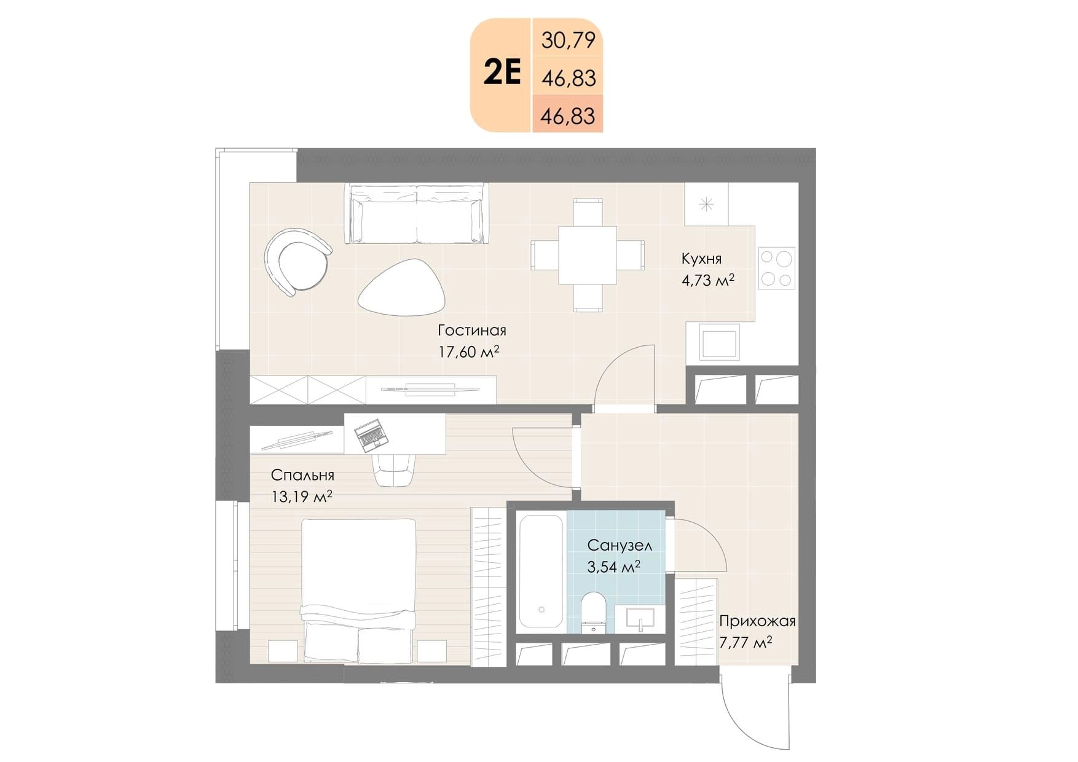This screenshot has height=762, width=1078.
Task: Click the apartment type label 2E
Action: pyautogui.click(x=502, y=73)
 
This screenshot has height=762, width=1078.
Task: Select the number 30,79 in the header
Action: pyautogui.click(x=569, y=41)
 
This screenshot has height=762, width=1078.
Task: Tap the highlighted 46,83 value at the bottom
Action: pyautogui.click(x=568, y=116)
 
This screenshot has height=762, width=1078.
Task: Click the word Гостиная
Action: pyautogui.click(x=472, y=330)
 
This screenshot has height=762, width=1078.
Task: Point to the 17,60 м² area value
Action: pyautogui.click(x=468, y=352)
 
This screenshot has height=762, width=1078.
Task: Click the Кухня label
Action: pyautogui.click(x=701, y=259)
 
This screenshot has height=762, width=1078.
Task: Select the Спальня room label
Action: pyautogui.click(x=302, y=475)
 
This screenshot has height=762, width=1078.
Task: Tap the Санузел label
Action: pyautogui.click(x=620, y=545)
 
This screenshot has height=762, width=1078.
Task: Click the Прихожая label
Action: pyautogui.click(x=757, y=621)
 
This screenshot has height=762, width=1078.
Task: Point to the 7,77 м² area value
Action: pyautogui.click(x=746, y=643)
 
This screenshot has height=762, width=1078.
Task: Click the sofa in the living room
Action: pyautogui.click(x=417, y=214)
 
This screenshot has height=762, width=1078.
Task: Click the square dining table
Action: pyautogui.click(x=588, y=255)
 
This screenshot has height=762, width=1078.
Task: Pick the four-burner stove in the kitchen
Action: pyautogui.click(x=777, y=268)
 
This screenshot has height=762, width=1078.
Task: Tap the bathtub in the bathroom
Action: pyautogui.click(x=541, y=571)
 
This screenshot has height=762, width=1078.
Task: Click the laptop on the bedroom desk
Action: pyautogui.click(x=371, y=433)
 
